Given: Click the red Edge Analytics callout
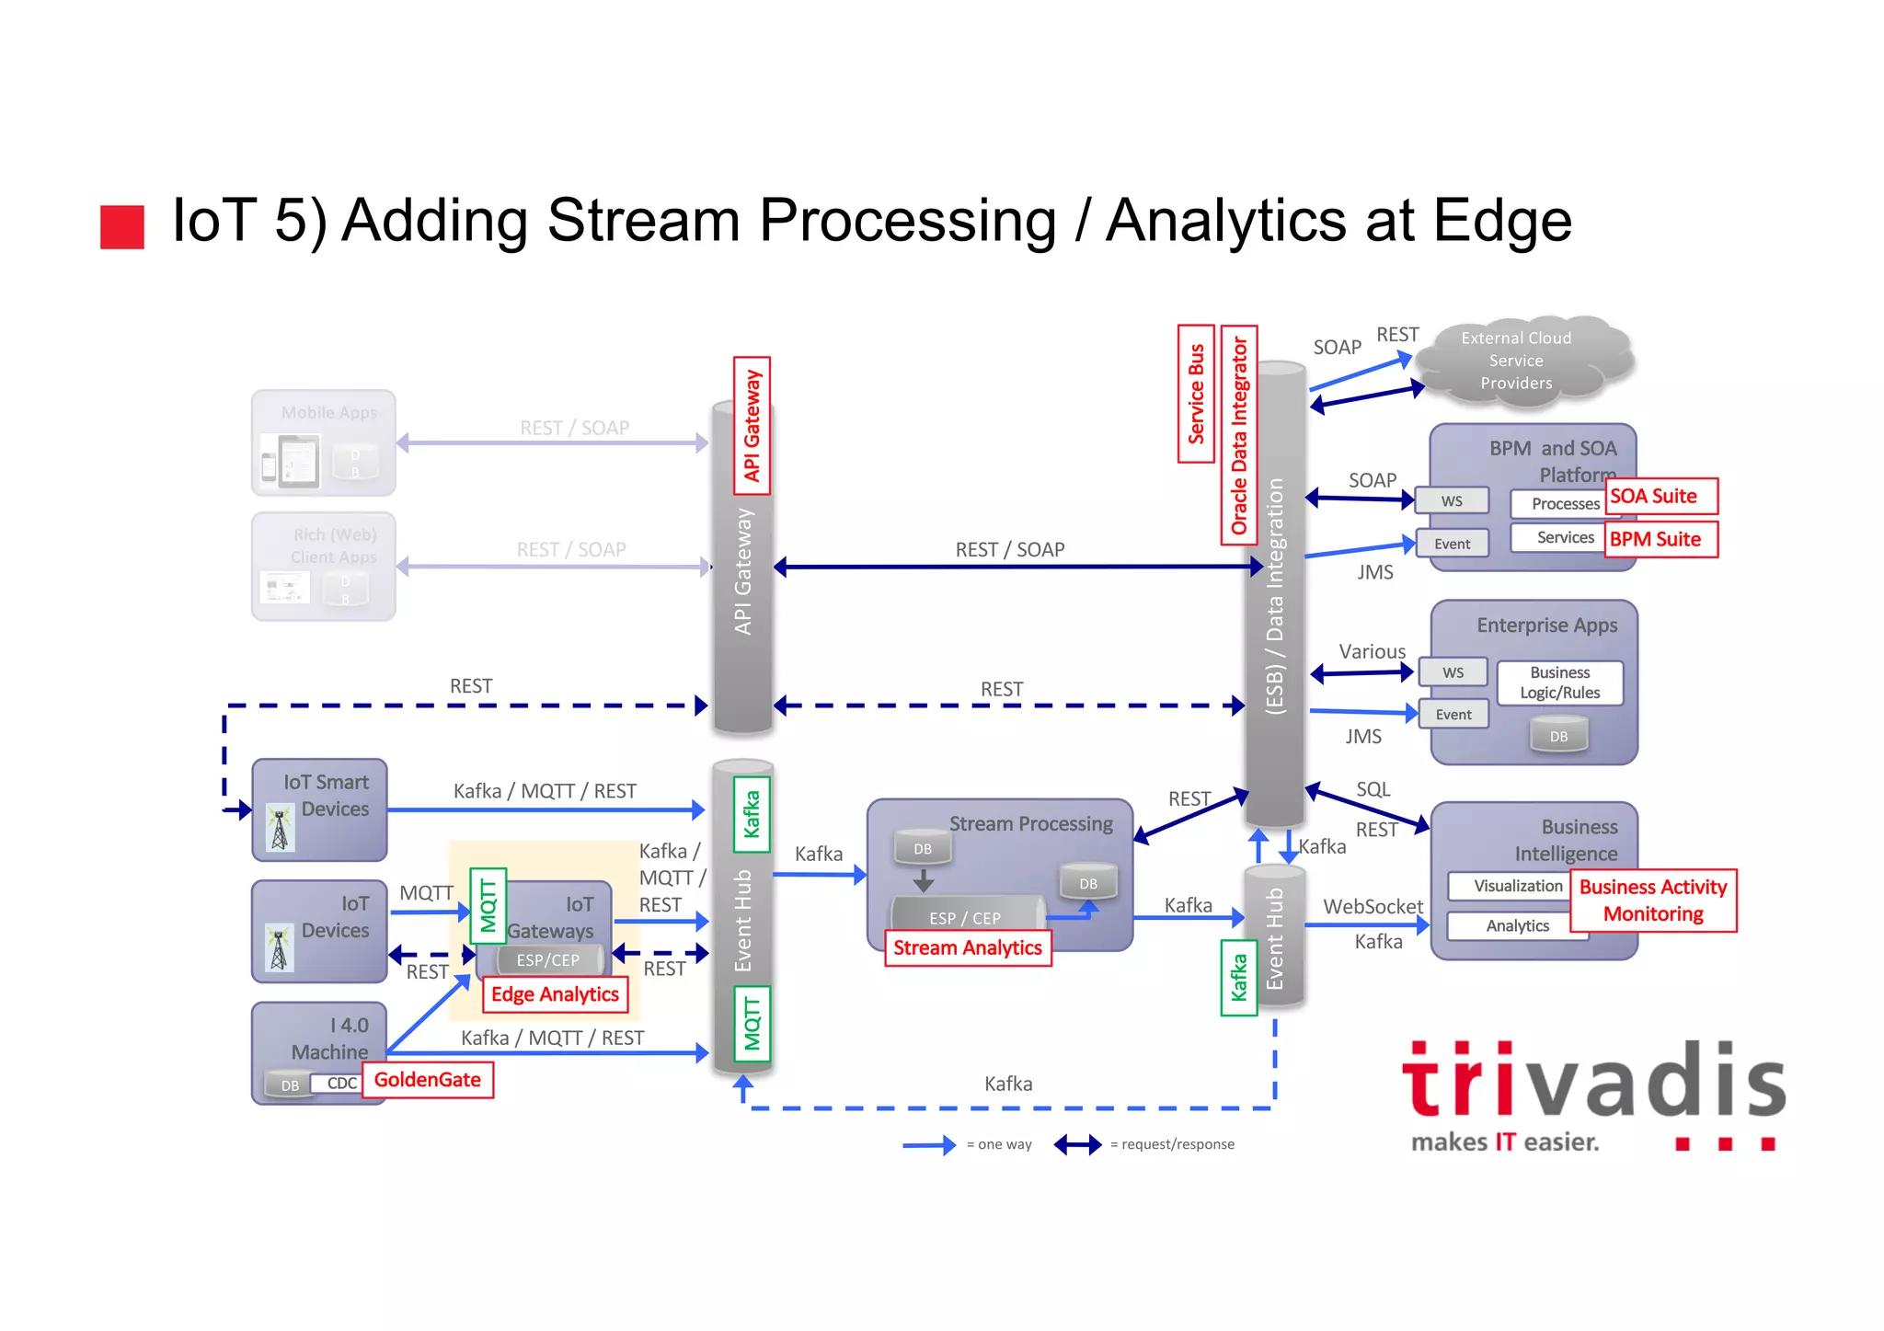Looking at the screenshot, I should click(555, 994).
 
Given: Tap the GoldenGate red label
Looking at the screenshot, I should click(428, 1080).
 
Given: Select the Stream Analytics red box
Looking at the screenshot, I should click(967, 948).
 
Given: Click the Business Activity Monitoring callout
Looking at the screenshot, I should click(1653, 901).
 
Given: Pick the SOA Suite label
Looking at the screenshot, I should click(1660, 497).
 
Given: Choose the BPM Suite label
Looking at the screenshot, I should click(1660, 540).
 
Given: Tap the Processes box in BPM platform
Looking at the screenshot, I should click(1564, 504).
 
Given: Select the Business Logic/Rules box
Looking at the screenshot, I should click(1559, 683).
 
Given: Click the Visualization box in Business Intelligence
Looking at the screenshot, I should click(1517, 886).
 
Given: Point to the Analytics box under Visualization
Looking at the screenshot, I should click(1517, 926).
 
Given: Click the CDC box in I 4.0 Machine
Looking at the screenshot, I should click(342, 1084).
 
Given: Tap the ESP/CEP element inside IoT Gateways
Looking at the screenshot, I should click(548, 960).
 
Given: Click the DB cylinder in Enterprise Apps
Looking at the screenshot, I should click(1558, 736).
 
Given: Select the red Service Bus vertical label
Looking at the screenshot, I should click(1196, 394).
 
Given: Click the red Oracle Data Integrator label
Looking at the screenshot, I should click(1239, 435).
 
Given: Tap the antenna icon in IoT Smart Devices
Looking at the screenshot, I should click(280, 828).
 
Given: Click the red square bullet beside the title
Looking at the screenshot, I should click(122, 227).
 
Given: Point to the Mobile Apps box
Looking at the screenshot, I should click(324, 443).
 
